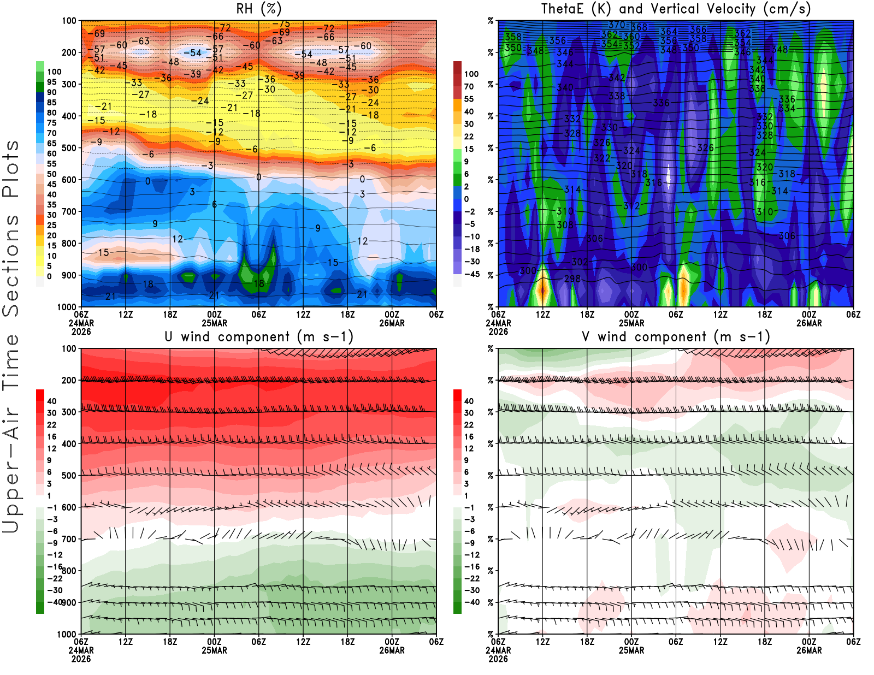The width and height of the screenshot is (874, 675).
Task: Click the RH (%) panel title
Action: pyautogui.click(x=259, y=9)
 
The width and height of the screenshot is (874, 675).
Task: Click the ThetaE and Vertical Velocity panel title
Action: pyautogui.click(x=676, y=9)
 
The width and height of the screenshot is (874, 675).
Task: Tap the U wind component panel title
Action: pyautogui.click(x=259, y=336)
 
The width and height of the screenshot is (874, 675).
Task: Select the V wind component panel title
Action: pyautogui.click(x=676, y=336)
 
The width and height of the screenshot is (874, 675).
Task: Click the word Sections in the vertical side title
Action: pyautogui.click(x=11, y=265)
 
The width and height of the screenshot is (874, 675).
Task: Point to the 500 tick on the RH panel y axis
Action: pyautogui.click(x=69, y=148)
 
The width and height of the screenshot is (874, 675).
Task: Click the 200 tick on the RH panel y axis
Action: pyautogui.click(x=69, y=53)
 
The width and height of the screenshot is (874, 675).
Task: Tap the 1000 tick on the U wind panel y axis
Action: pyautogui.click(x=67, y=634)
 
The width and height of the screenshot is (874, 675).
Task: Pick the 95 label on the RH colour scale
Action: pyautogui.click(x=51, y=82)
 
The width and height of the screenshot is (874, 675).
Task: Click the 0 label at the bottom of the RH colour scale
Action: pyautogui.click(x=49, y=276)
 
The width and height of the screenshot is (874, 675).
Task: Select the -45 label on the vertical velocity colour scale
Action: pyautogui.click(x=471, y=274)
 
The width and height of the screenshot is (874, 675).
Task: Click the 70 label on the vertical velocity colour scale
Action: pyautogui.click(x=469, y=86)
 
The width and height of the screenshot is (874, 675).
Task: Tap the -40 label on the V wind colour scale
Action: pyautogui.click(x=471, y=602)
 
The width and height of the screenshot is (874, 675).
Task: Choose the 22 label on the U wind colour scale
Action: pyautogui.click(x=51, y=425)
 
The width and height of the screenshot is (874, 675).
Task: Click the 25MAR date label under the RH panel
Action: pyautogui.click(x=214, y=323)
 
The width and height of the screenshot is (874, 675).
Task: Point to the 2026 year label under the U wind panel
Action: pyautogui.click(x=81, y=659)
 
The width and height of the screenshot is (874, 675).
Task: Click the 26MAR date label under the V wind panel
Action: pyautogui.click(x=809, y=651)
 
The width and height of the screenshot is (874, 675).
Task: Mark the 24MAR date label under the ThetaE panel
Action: pyautogui.click(x=498, y=323)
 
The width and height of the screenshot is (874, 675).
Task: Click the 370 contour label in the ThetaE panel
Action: pyautogui.click(x=616, y=25)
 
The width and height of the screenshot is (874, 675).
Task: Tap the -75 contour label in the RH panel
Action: pyautogui.click(x=284, y=24)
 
